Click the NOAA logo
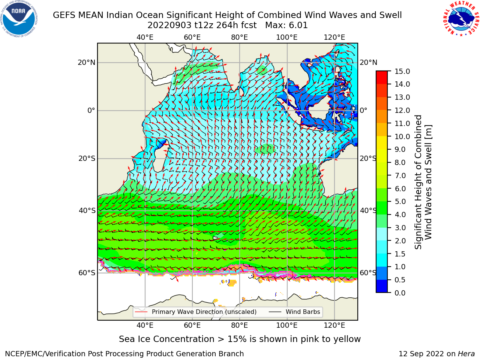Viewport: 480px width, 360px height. click(19, 19)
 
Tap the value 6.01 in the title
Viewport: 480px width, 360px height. click(298, 25)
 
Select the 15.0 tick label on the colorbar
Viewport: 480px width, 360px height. click(402, 71)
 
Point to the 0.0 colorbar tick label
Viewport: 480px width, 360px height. click(400, 293)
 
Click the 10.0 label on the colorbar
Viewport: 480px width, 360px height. click(402, 136)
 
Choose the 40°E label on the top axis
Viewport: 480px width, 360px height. click(145, 37)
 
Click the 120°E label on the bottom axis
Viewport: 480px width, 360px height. click(334, 325)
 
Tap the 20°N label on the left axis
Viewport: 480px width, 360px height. click(87, 63)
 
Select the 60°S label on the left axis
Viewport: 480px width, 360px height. click(87, 273)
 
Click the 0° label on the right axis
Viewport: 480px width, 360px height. click(363, 110)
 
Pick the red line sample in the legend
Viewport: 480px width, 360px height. click(141, 312)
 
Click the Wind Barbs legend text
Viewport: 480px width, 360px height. click(303, 312)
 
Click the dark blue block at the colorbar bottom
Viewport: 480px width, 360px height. click(382, 286)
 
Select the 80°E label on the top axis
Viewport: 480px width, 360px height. click(240, 37)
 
